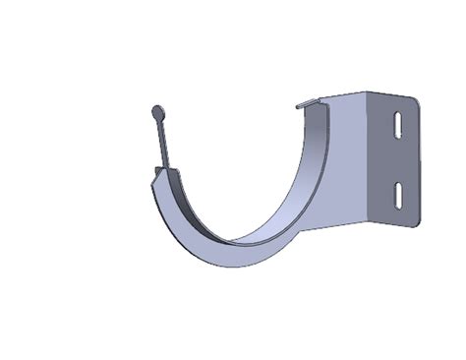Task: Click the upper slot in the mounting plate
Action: tap(396, 126)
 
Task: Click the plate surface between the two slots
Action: tap(396, 160)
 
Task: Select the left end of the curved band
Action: tap(157, 178)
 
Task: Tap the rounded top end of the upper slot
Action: tap(397, 114)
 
